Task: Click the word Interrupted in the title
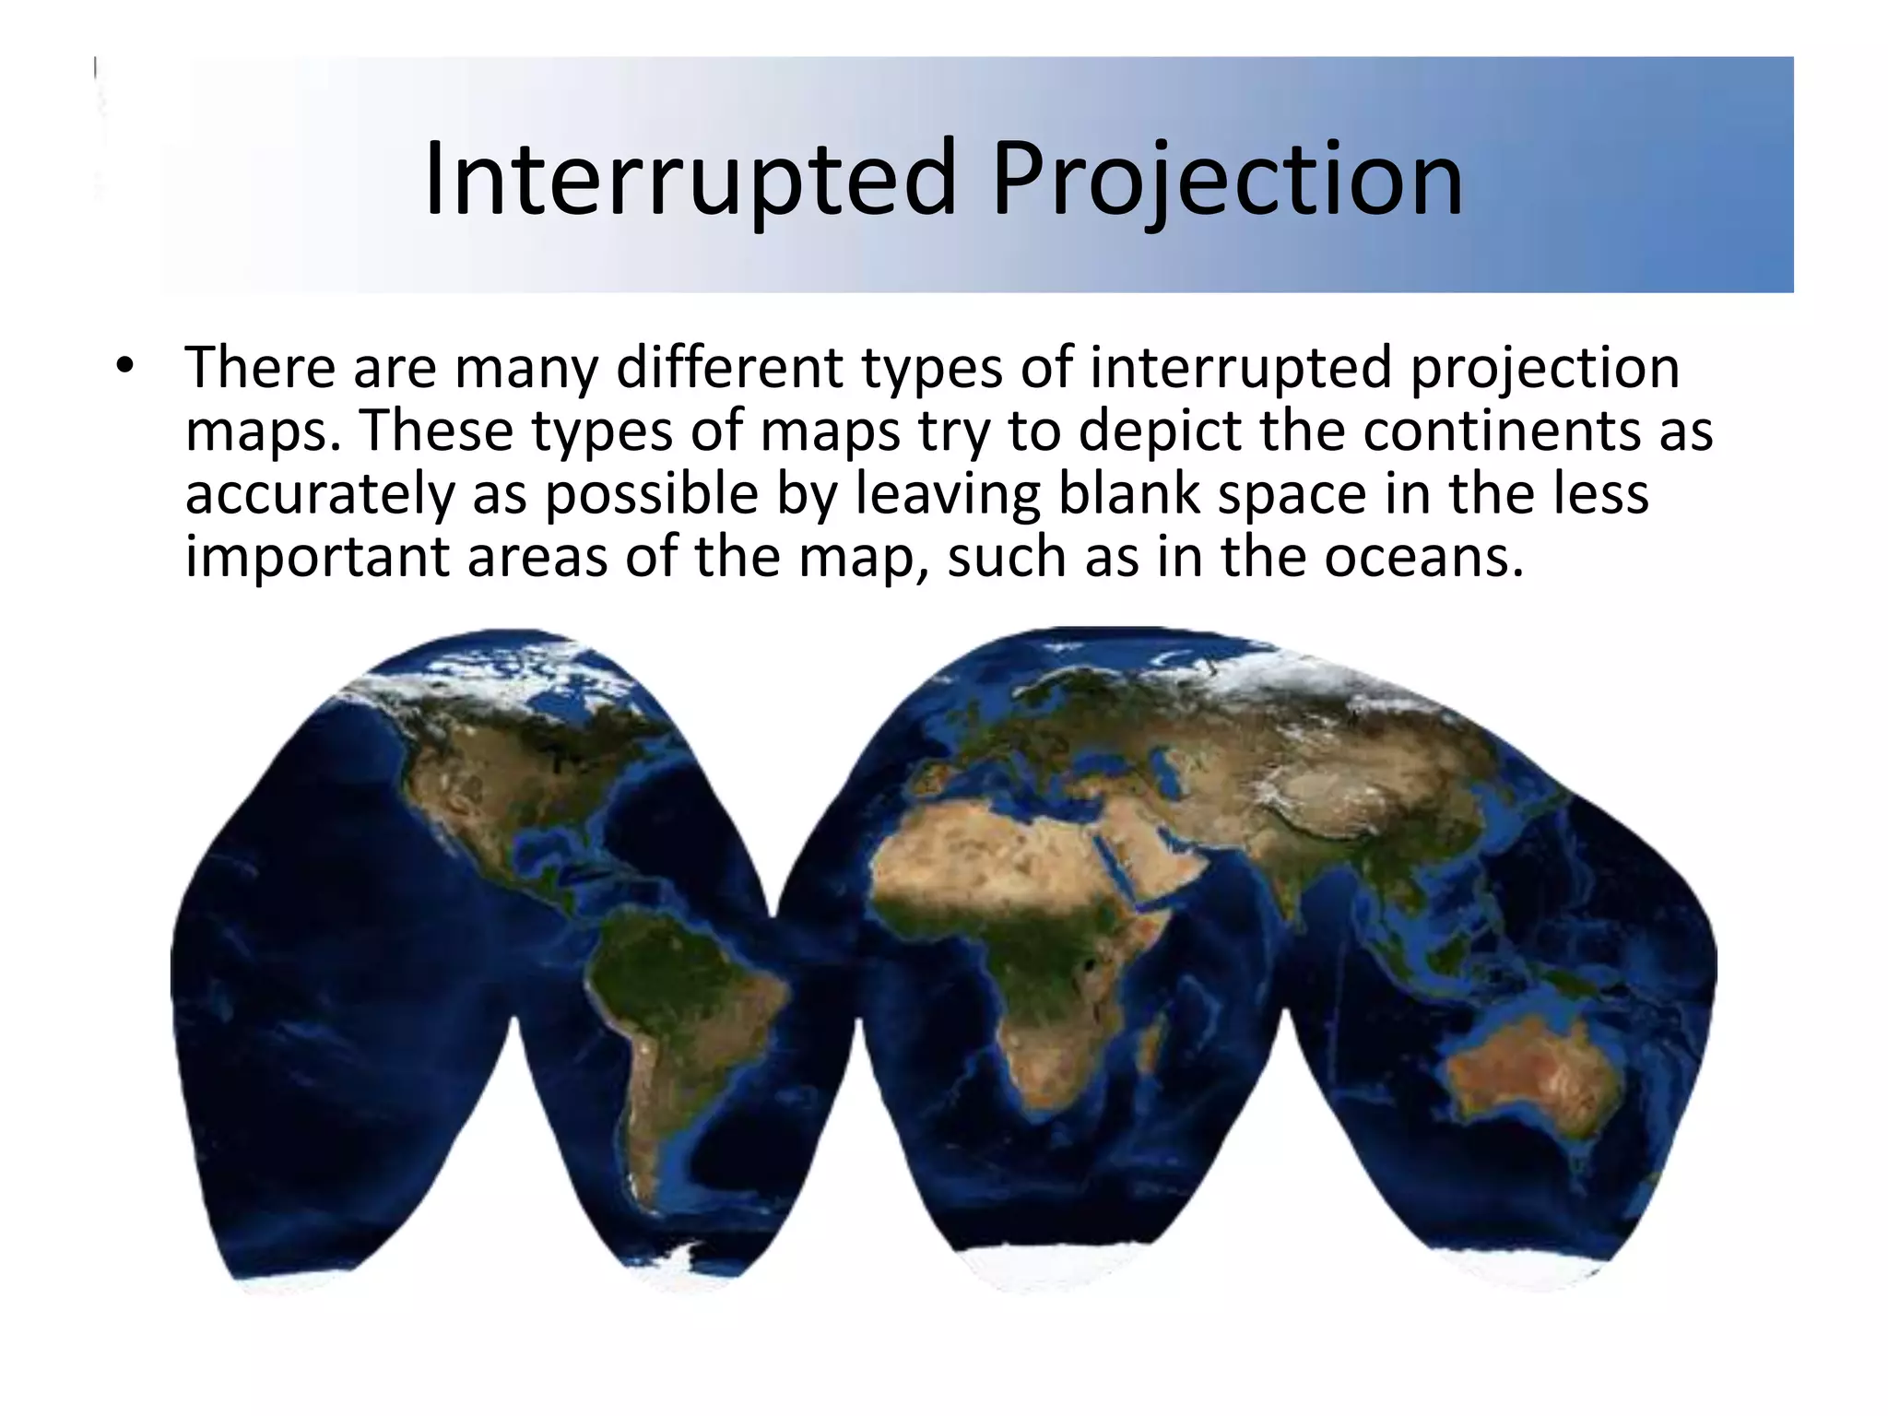(690, 180)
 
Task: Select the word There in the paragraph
(260, 368)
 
